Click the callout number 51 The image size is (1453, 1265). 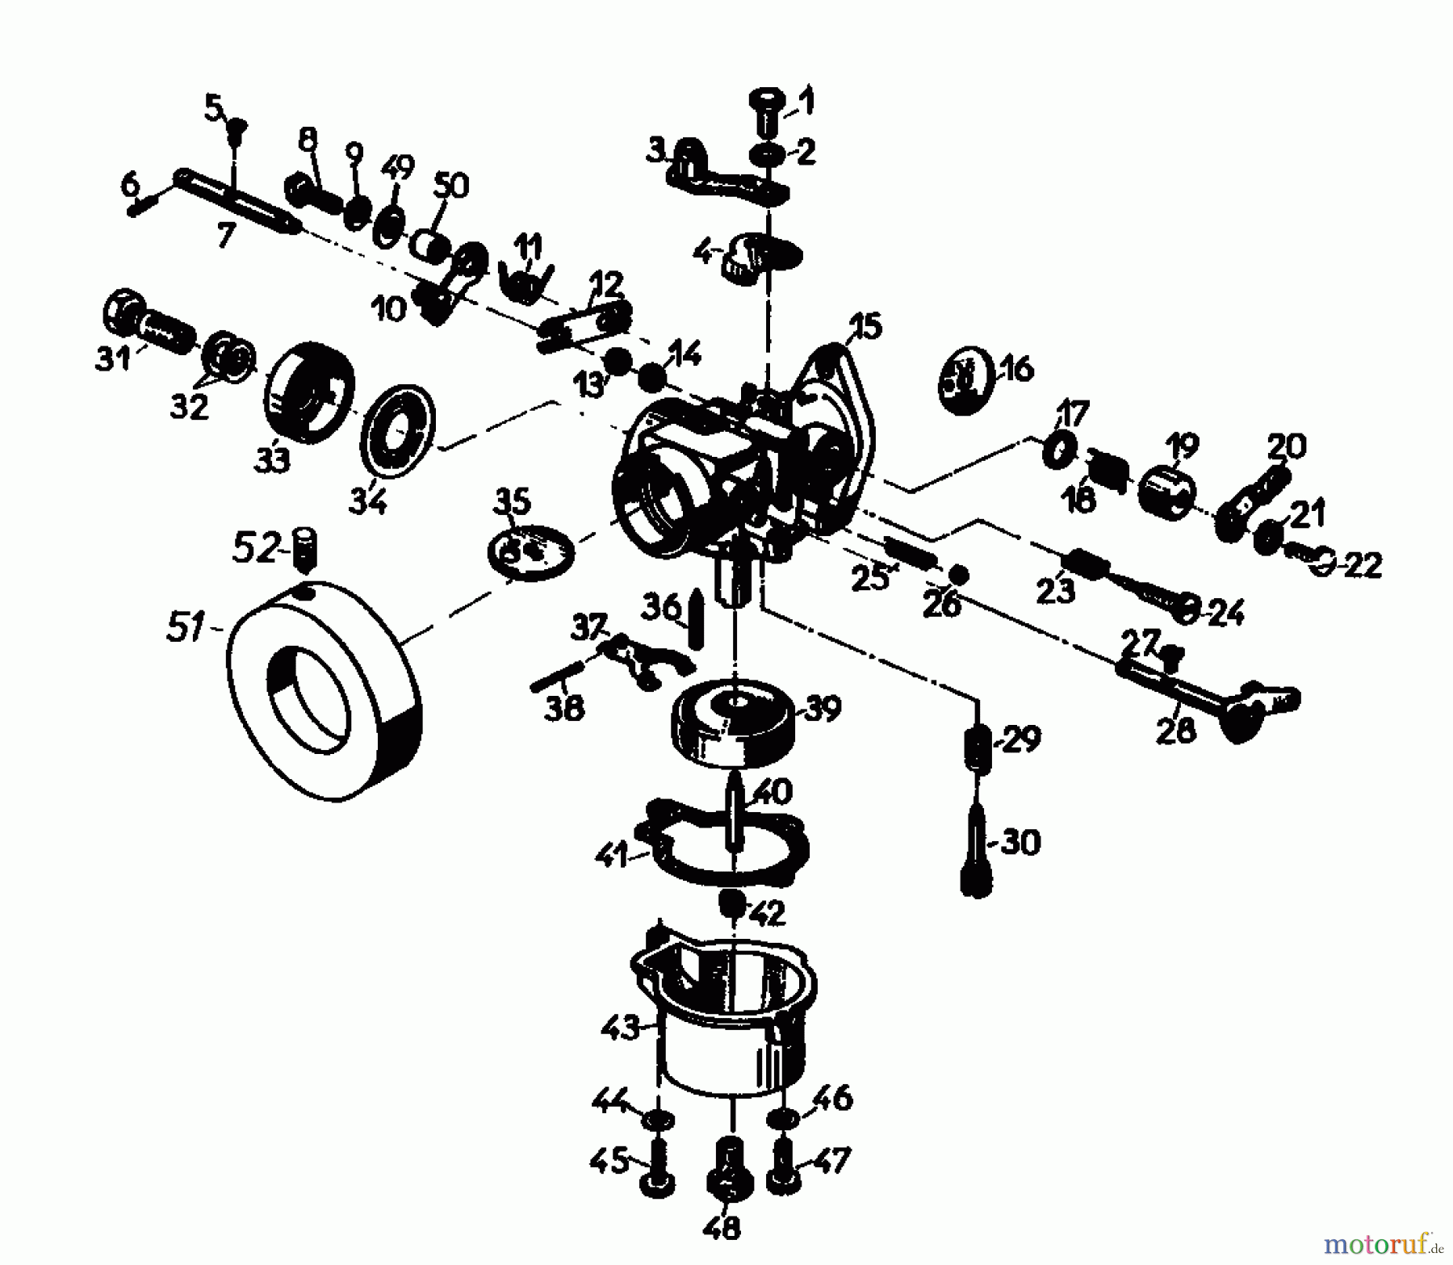pos(185,626)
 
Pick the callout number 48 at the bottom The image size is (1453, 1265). pos(721,1228)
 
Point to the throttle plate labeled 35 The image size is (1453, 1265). pos(531,552)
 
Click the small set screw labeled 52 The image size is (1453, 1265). pos(305,550)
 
